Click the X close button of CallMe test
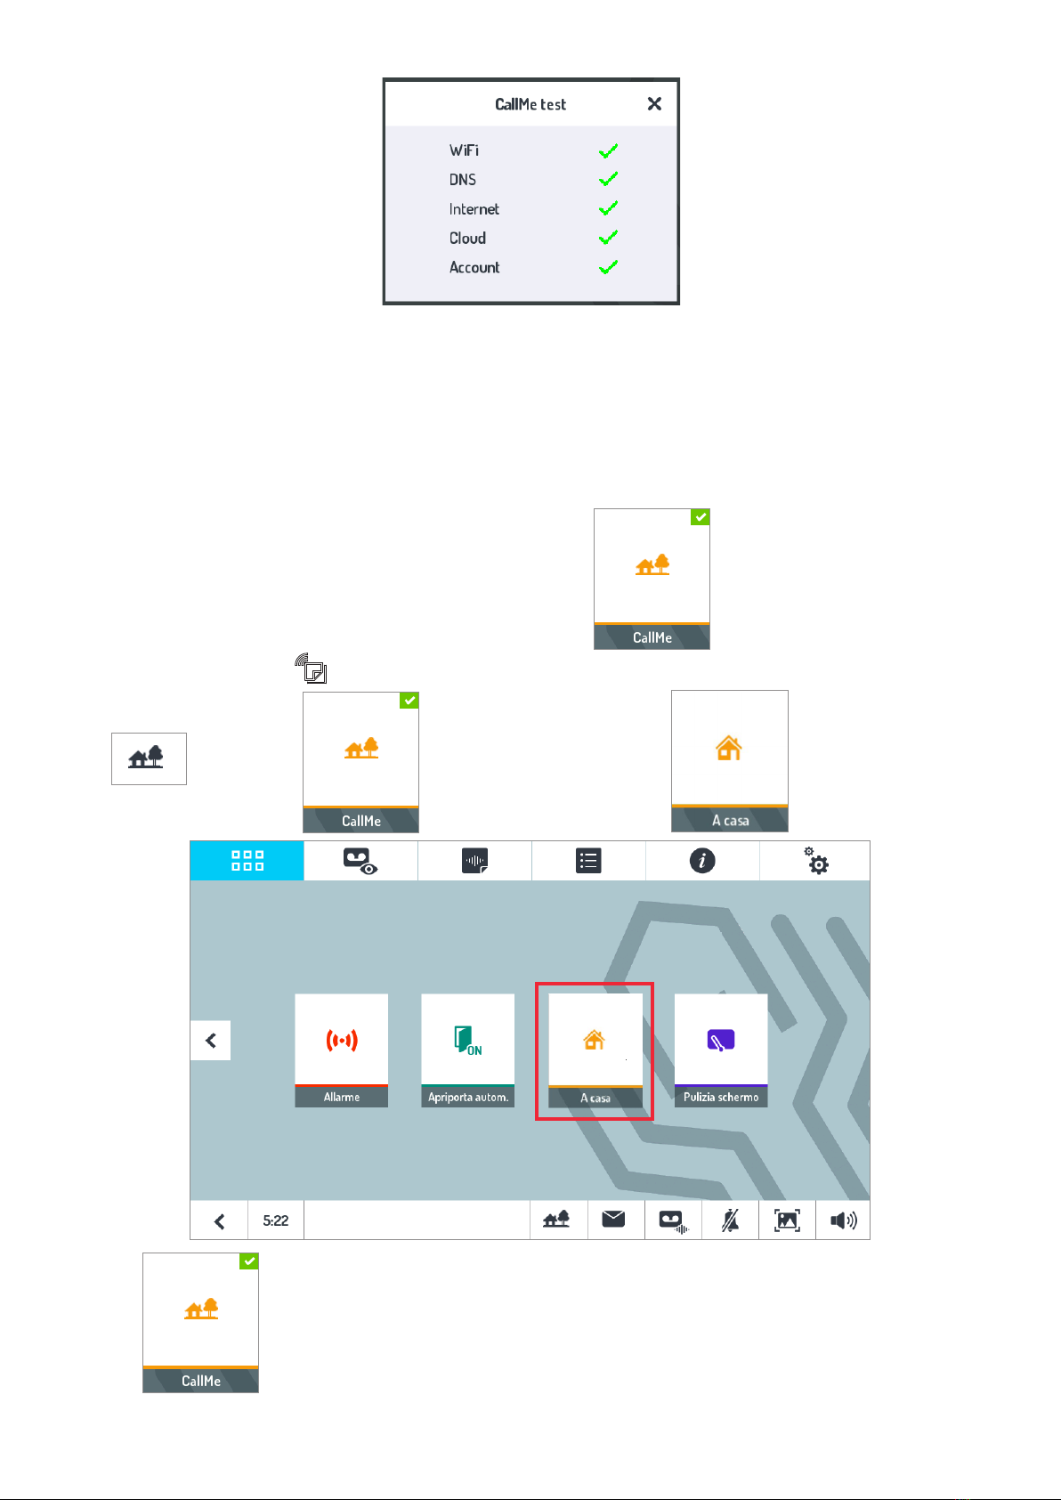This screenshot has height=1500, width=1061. pos(654,104)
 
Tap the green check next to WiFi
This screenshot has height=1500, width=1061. pos(608,151)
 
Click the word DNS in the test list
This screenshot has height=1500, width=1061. pos(463,180)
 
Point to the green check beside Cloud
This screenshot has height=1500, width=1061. pos(608,238)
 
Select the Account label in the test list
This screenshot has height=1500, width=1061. pos(474,268)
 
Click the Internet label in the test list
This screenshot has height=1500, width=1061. pos(474,209)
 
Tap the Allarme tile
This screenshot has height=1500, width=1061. pos(342,1050)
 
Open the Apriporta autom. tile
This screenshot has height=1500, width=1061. pos(467,1050)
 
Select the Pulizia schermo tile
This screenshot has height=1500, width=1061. pos(721,1050)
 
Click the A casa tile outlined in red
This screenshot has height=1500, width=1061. pos(595,1050)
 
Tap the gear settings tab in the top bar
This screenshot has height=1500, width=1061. pos(815,861)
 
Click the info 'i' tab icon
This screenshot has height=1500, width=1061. pos(702,861)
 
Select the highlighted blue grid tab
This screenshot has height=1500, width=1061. pos(247,861)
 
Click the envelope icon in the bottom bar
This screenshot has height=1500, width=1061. pos(614,1220)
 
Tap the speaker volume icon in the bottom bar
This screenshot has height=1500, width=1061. pos(843,1220)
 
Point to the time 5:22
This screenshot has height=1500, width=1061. pos(276,1220)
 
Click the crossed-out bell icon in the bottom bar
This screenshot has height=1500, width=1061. pos(730,1220)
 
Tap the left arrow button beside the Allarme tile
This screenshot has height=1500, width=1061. pos(211,1040)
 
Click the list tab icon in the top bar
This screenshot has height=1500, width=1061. pos(588,861)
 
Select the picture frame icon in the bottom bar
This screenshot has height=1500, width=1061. pos(787,1220)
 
